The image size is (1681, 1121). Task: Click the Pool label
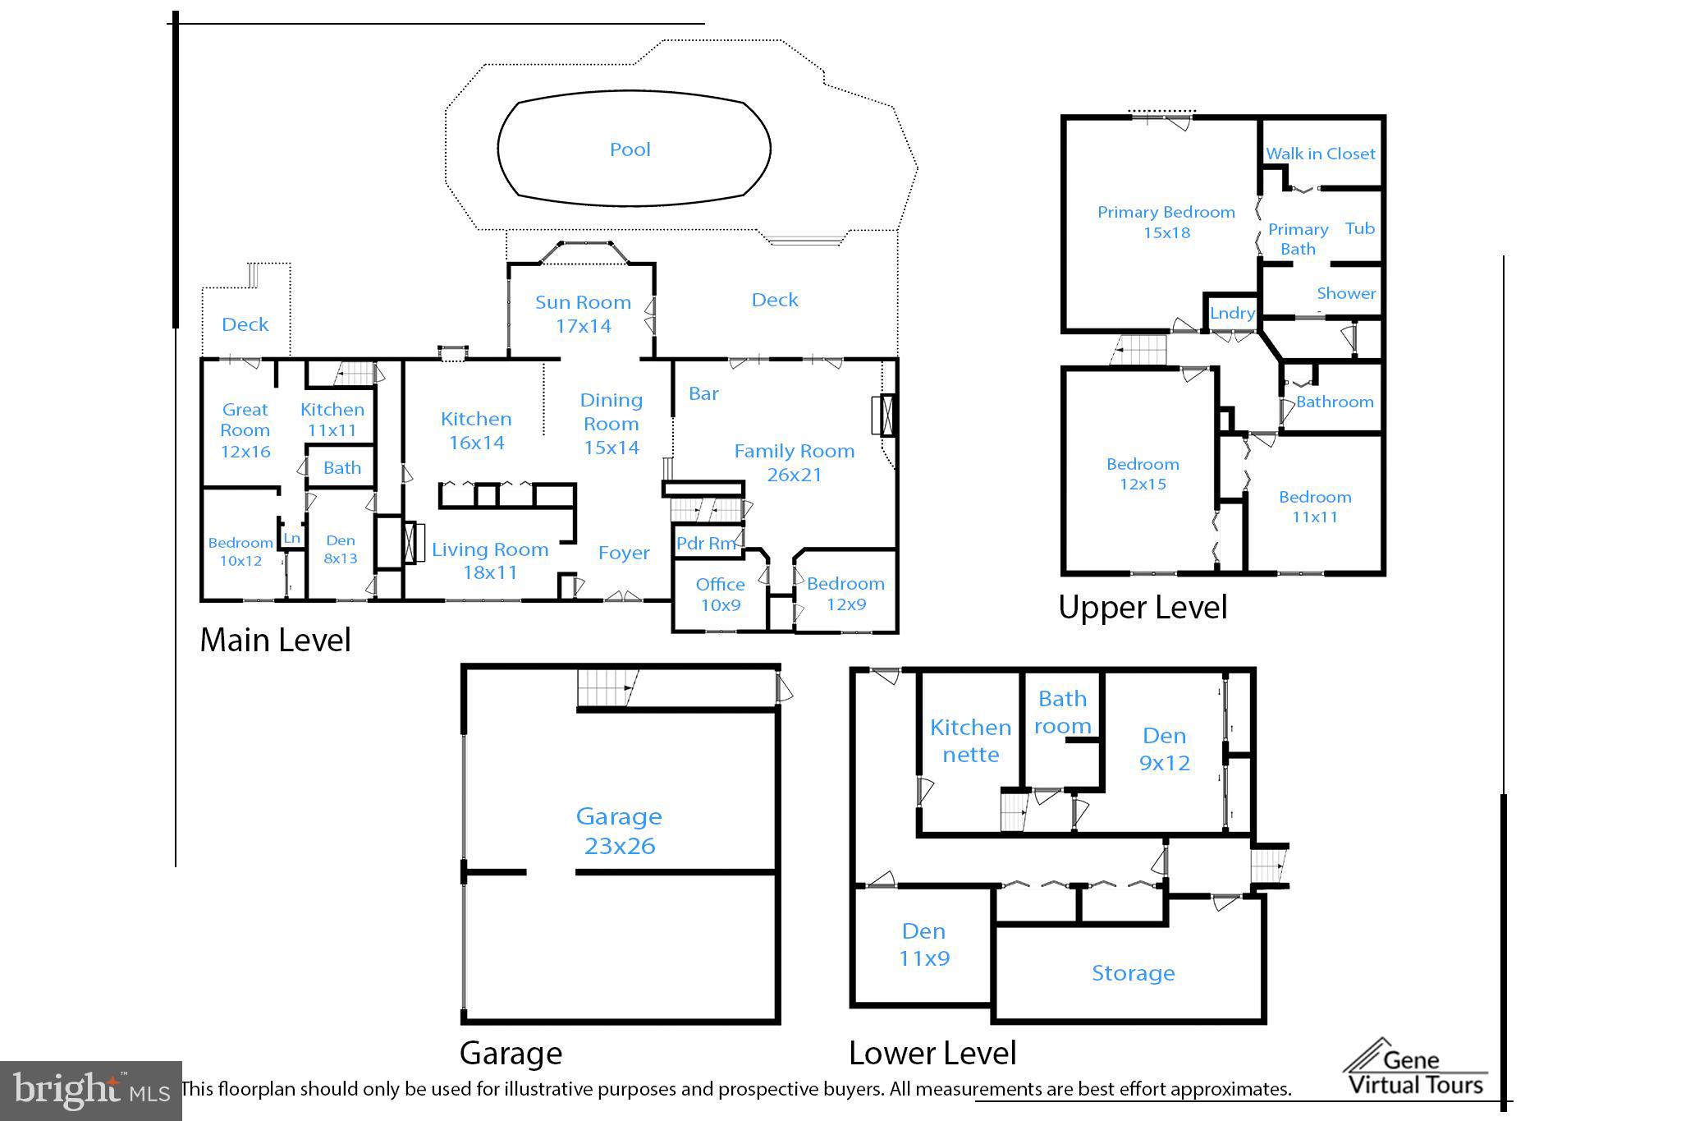(630, 149)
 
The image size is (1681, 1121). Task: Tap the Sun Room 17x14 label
(583, 314)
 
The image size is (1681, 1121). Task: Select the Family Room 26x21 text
(794, 462)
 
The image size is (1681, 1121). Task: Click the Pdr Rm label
(705, 543)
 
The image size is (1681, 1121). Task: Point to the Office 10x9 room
(720, 595)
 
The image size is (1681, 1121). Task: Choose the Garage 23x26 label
(619, 830)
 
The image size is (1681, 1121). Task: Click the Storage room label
(1133, 973)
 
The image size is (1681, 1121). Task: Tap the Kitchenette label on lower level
(970, 741)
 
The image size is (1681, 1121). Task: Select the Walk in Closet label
(1320, 154)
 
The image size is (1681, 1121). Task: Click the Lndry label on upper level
(1232, 313)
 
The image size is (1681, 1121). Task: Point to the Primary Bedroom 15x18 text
(1166, 222)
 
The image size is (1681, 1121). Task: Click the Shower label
(1345, 293)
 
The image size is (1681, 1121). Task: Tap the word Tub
(1359, 229)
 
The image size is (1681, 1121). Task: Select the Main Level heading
(275, 640)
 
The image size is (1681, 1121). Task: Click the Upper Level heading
(1142, 608)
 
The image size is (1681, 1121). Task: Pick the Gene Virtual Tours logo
(1415, 1068)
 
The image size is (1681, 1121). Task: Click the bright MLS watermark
(90, 1090)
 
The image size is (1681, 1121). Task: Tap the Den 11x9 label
(923, 944)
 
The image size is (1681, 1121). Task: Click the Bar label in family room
(703, 394)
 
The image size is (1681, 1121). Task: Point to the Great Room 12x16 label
(245, 430)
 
